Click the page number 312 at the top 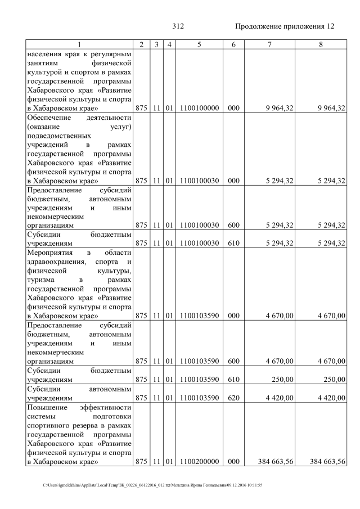[x=178, y=26]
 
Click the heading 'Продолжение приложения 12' [x=285, y=26]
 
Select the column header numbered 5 [x=199, y=44]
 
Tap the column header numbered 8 [x=321, y=44]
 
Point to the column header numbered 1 [x=79, y=44]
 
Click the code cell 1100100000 [x=199, y=108]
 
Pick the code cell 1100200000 [x=199, y=462]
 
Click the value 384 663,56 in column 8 [x=327, y=462]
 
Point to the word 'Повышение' [x=45, y=407]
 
